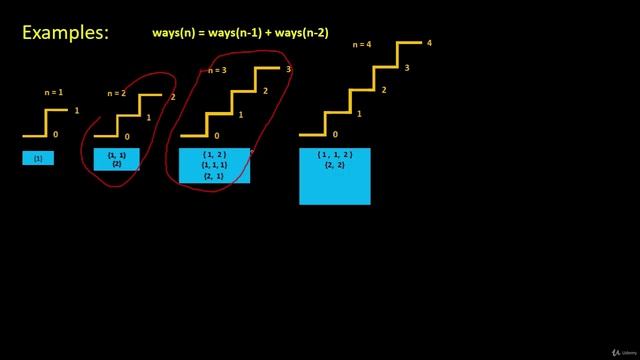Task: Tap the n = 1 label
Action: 54,92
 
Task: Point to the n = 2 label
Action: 119,94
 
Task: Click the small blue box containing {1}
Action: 38,158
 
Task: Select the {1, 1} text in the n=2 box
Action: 117,155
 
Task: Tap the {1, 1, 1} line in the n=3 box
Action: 214,165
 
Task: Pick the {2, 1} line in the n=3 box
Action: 214,176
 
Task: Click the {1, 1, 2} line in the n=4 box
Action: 335,155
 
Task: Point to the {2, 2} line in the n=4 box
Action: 335,166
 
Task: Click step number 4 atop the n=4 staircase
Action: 429,43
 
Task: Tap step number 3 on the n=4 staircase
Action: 406,68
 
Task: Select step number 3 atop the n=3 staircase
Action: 288,69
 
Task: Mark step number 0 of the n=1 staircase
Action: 55,134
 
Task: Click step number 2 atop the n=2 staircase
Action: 173,97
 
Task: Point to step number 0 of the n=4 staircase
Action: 335,134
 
